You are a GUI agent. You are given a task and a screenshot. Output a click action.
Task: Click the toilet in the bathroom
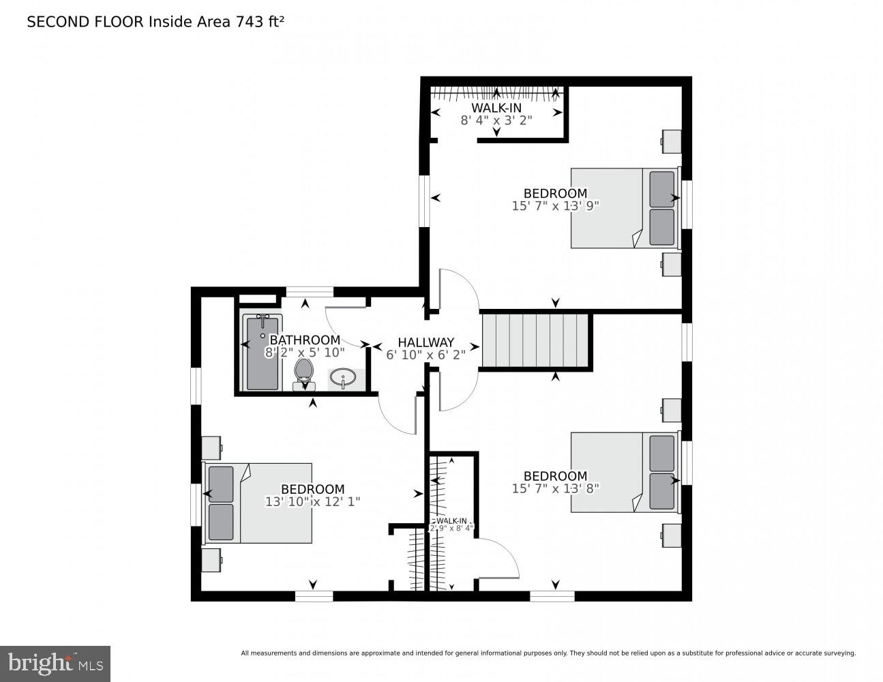303,374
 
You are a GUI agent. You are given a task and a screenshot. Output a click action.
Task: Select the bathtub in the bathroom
262,353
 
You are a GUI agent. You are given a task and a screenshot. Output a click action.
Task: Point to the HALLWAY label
425,342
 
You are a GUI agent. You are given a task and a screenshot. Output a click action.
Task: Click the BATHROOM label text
305,340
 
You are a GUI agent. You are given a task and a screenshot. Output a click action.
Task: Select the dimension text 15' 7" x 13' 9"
555,205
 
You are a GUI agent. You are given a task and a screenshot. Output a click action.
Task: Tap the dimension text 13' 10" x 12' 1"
312,501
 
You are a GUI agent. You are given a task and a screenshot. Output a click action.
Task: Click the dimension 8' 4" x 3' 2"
496,120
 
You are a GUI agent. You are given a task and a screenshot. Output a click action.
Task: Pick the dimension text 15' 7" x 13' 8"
555,488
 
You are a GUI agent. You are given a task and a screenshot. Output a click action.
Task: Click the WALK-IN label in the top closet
496,108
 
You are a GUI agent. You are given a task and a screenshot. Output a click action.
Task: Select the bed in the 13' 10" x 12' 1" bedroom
259,503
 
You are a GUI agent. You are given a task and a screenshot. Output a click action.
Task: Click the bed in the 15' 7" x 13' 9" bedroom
624,208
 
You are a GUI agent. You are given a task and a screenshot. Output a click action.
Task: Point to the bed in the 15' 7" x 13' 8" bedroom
624,472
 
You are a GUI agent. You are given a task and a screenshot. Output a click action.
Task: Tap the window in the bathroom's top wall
310,292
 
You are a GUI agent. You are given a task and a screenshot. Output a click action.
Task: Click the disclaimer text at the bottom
548,653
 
